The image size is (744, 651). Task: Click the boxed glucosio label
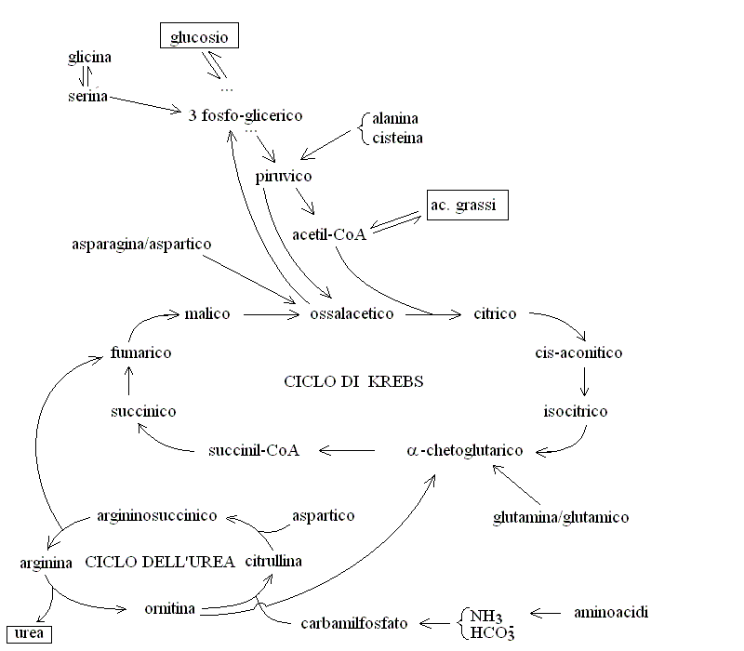pos(199,35)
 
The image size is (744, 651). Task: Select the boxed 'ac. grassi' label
pos(468,205)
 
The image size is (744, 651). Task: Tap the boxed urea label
pos(29,634)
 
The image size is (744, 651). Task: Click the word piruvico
pos(284,177)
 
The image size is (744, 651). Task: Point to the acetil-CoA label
pos(329,234)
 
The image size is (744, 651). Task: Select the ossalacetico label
pos(352,313)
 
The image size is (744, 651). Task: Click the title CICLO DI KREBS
pos(353,381)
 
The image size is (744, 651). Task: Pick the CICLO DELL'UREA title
pos(160,562)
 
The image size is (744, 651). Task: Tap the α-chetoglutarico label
pos(464,450)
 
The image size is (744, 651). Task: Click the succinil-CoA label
pos(254,450)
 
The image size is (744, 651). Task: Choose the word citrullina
pos(273,562)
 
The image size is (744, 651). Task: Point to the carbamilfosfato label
pos(354,623)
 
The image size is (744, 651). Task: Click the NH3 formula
pos(485,617)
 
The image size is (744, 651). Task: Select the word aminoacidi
pos(611,613)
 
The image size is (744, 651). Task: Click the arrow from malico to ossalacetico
pos(272,314)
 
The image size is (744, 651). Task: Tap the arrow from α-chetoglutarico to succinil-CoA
pos(347,450)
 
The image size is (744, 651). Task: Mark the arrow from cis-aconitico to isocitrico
pos(584,381)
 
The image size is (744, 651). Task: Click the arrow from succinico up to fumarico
pos(128,380)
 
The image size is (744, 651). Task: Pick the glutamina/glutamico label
pos(561,517)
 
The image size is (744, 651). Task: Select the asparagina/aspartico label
pos(141,245)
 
